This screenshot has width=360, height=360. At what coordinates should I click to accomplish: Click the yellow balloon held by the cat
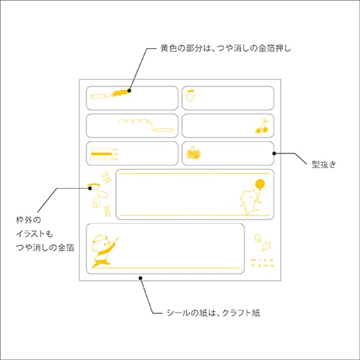260,184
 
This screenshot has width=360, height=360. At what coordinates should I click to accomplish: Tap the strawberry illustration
190,95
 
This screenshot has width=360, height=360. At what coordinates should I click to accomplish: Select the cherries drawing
263,126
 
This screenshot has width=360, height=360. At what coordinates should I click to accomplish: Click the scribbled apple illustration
193,153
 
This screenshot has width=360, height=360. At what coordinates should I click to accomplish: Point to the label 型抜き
324,164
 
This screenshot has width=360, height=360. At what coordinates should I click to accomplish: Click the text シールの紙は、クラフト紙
213,312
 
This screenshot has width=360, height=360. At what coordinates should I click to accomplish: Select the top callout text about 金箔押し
225,48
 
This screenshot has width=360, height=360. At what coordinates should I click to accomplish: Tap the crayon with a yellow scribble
109,94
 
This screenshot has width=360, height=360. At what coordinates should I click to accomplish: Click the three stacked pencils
104,154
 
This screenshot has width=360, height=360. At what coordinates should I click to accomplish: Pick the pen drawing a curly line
146,125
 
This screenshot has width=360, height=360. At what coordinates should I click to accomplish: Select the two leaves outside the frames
262,243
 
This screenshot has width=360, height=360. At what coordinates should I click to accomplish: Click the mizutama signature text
262,263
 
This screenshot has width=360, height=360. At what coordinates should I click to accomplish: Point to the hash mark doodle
107,211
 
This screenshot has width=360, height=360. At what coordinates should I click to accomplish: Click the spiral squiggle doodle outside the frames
106,177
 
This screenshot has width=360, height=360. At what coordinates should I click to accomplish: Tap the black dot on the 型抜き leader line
274,153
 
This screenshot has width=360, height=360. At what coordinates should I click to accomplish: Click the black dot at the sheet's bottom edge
140,278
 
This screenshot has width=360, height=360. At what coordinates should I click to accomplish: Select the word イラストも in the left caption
34,233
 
